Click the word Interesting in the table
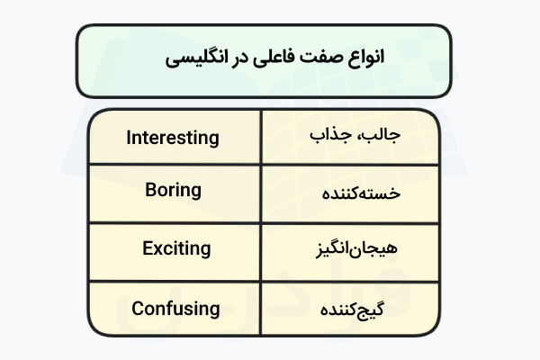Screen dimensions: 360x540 173,138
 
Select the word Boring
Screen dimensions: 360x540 173,190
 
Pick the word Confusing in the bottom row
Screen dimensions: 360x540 175,308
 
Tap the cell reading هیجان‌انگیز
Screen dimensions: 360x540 358,247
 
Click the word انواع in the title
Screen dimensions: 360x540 364,58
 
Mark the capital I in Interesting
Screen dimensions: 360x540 129,138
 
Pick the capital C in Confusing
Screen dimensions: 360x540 138,308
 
